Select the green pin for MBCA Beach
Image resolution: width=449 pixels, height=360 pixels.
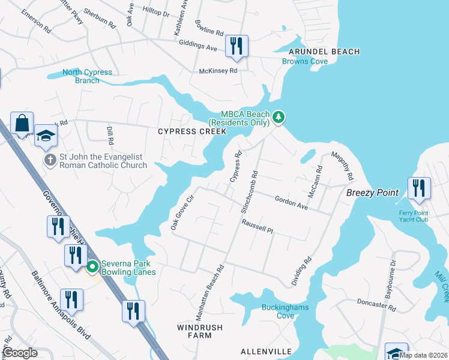point(278,117)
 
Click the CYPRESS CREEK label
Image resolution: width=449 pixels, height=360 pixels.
point(191,131)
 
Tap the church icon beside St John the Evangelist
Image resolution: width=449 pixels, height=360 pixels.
point(50,160)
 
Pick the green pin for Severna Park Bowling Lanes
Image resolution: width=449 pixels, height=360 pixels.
point(92,266)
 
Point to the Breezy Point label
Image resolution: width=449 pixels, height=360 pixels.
point(372,193)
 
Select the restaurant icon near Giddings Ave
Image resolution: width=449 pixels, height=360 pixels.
point(237,46)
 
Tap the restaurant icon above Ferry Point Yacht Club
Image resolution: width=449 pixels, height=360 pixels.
point(419,188)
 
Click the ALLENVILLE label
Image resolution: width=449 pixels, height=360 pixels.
point(266,351)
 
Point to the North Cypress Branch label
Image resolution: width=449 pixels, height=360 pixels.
point(88,77)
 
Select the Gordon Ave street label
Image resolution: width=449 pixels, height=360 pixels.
point(291,202)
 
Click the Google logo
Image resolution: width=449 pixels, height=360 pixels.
point(20,353)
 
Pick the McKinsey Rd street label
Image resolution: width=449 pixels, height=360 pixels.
point(218,70)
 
